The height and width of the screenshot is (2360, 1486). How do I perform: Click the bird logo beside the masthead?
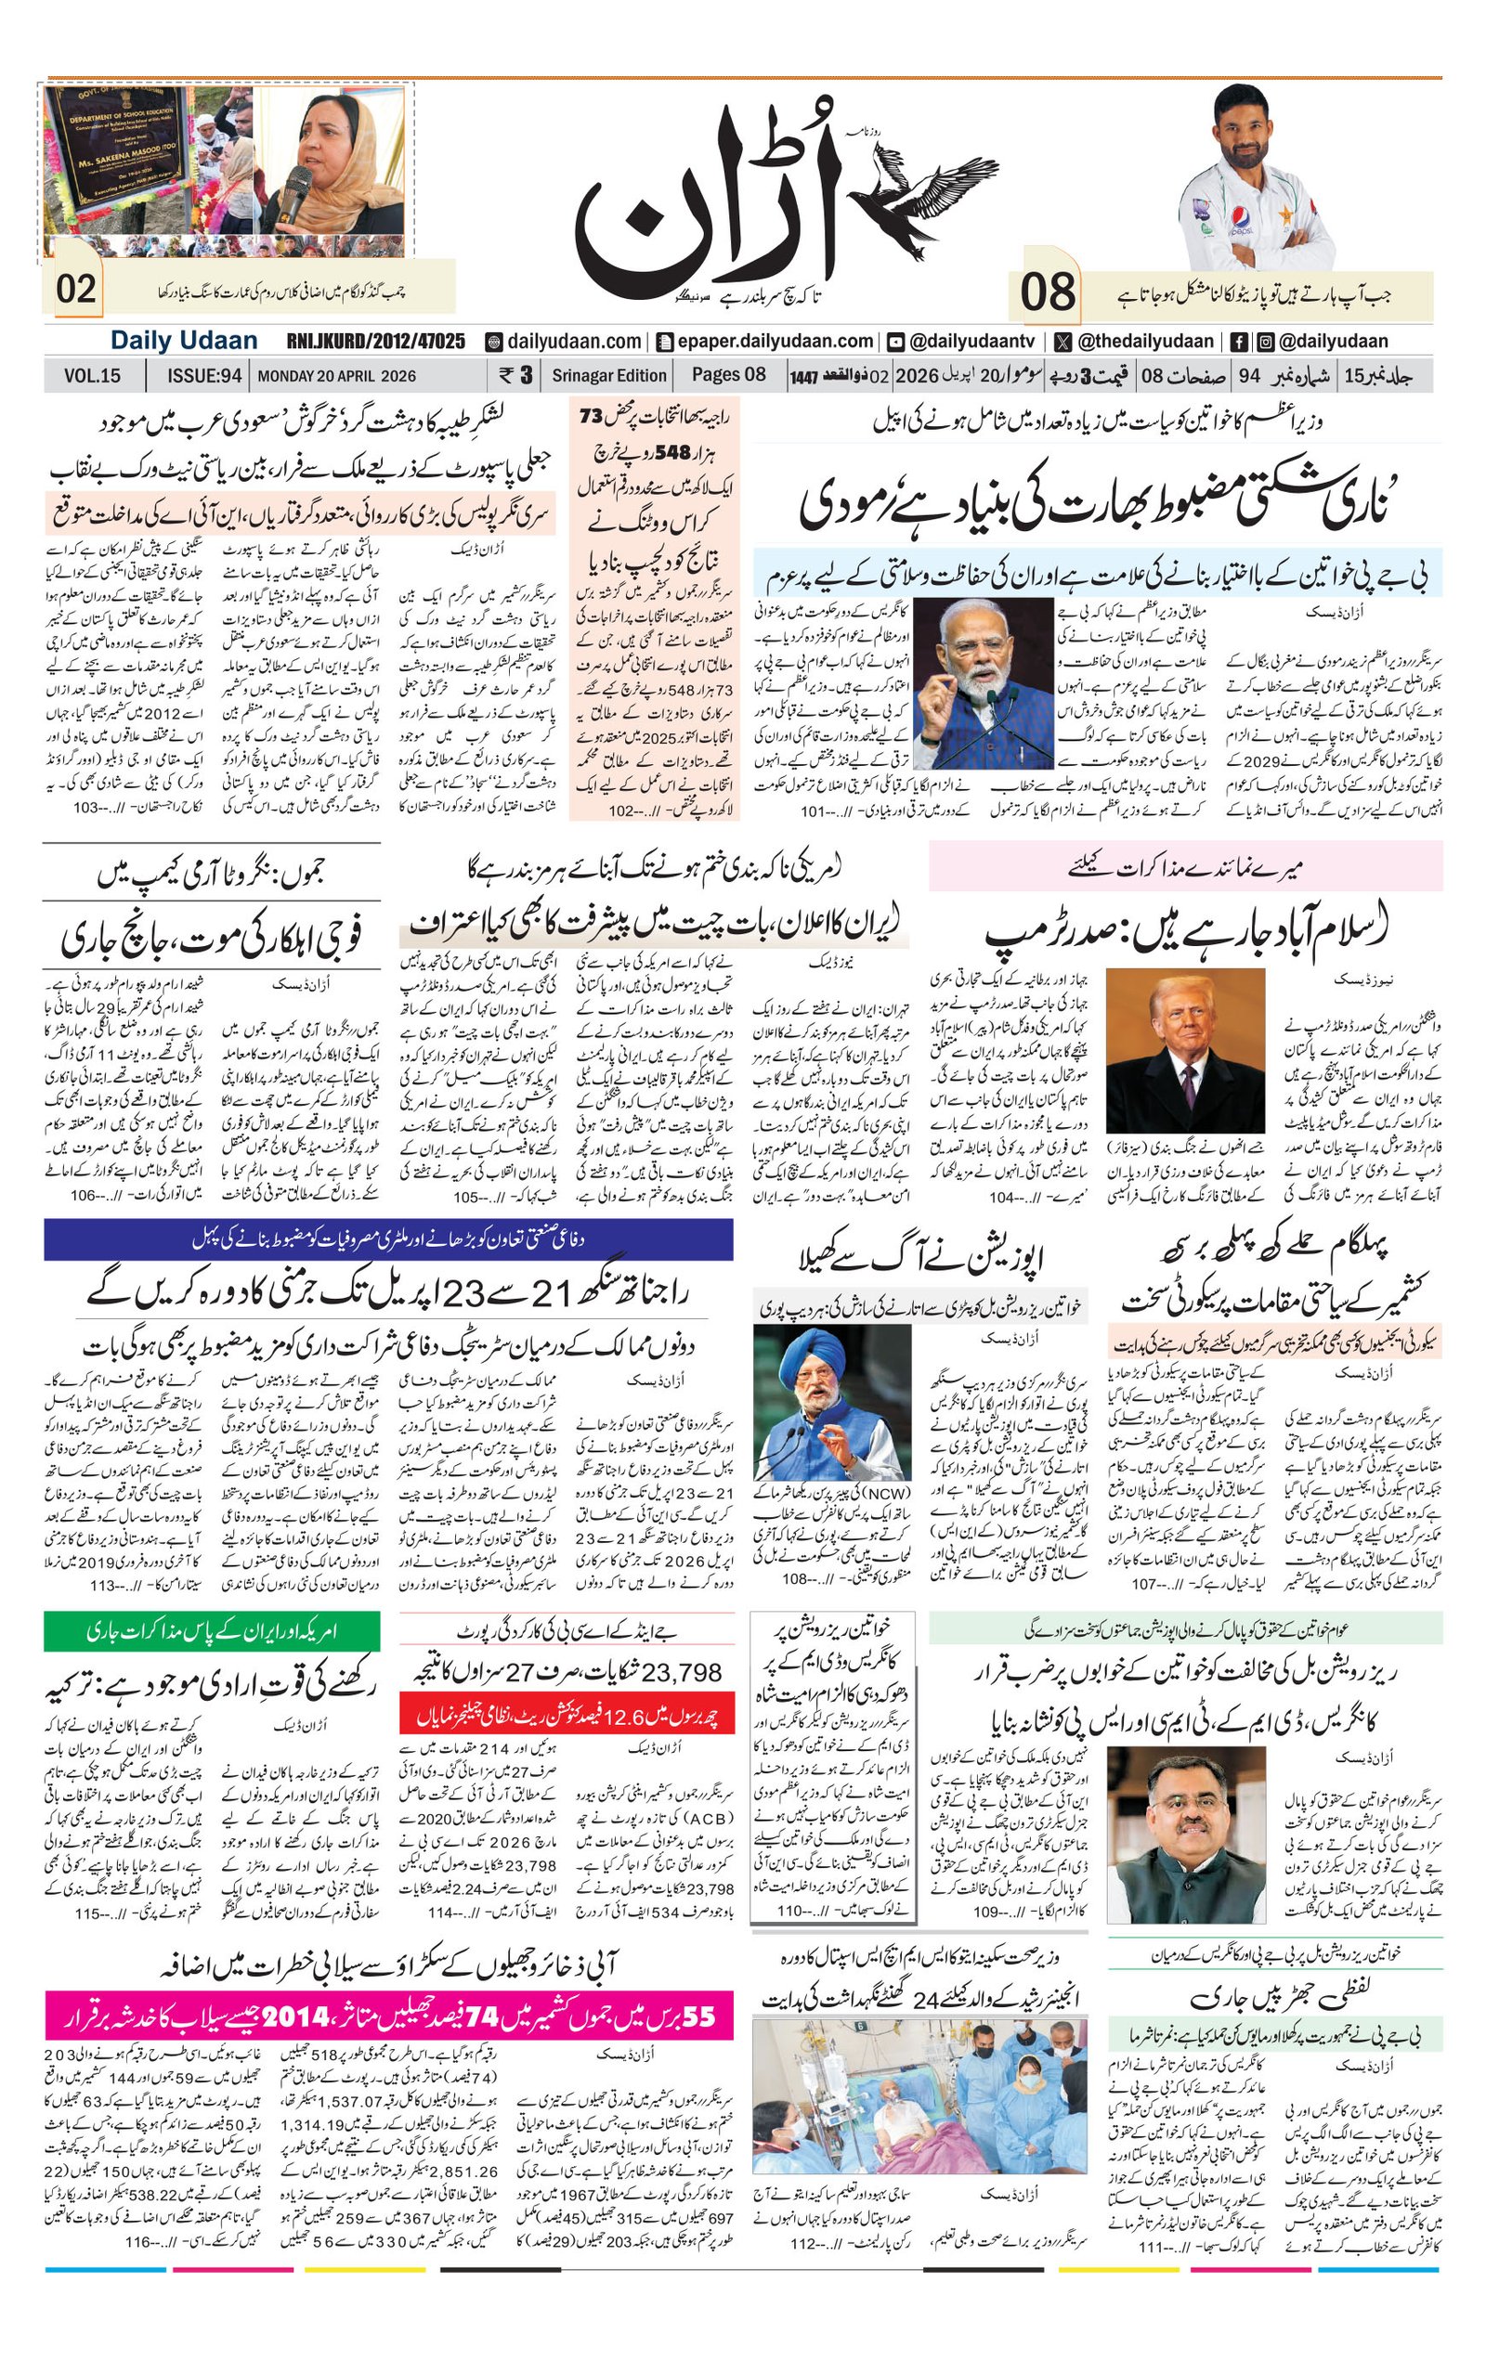point(926,201)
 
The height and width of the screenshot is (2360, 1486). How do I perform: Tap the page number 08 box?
point(1047,292)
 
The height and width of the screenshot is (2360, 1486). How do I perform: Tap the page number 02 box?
point(75,290)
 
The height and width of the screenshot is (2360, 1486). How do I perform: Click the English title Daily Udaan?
point(183,341)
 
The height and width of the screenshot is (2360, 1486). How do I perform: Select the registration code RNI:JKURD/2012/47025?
point(375,341)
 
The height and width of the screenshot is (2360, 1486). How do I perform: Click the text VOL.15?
point(92,375)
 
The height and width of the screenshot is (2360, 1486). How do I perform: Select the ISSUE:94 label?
point(204,375)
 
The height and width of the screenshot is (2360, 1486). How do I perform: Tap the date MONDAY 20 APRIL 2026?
point(336,375)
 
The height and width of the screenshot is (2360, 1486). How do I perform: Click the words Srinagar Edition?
point(608,375)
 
